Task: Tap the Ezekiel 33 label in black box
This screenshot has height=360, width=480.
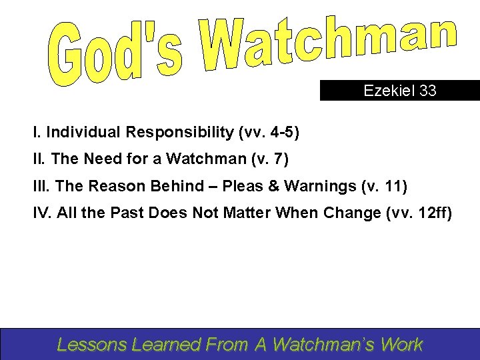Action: point(400,91)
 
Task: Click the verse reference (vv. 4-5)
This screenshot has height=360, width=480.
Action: point(269,133)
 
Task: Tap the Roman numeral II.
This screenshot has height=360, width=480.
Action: point(38,159)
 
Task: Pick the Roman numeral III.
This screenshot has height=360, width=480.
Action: point(40,186)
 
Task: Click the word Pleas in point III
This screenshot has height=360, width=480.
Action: point(243,186)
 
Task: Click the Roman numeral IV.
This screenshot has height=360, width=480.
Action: point(41,213)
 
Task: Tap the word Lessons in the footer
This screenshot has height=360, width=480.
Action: point(93,345)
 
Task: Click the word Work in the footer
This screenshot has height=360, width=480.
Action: point(402,345)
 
